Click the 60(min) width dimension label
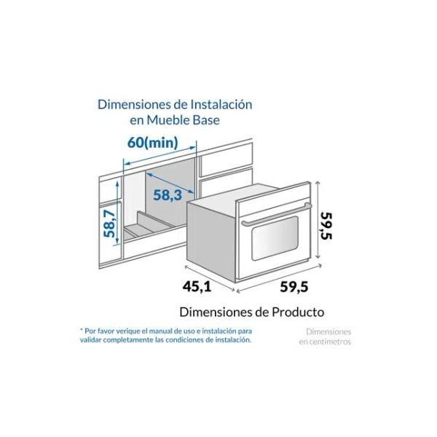152,142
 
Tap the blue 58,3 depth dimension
167,194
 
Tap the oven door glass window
271,243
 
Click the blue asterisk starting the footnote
82,330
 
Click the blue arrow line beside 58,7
119,224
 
